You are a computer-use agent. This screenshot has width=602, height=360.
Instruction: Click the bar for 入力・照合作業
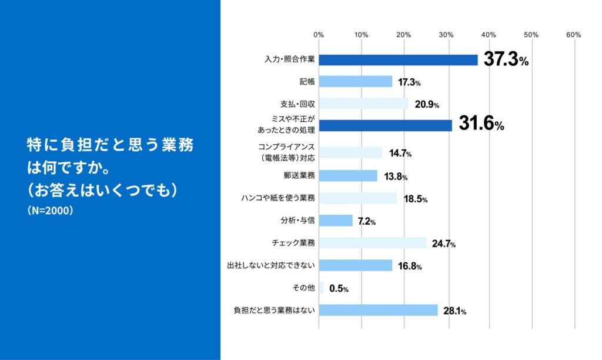(x=398, y=59)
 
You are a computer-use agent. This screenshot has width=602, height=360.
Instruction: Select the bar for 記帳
(x=355, y=82)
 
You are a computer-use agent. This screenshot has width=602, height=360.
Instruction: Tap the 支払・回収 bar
(x=363, y=104)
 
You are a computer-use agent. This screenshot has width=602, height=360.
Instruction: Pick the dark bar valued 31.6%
(x=385, y=125)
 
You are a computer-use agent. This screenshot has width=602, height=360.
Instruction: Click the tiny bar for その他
(x=321, y=288)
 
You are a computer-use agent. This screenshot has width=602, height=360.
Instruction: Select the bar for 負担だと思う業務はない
(x=378, y=310)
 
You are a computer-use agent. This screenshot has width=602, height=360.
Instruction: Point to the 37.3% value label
(x=505, y=59)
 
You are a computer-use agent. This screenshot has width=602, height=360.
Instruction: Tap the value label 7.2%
(x=367, y=222)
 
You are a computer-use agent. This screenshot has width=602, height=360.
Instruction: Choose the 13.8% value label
(x=395, y=176)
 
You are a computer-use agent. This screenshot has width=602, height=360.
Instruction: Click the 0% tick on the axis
(x=319, y=35)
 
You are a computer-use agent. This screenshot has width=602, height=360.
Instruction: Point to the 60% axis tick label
(x=573, y=35)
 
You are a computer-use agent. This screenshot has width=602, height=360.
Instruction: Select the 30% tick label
(x=446, y=35)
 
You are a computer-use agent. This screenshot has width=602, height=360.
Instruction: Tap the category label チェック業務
(x=295, y=243)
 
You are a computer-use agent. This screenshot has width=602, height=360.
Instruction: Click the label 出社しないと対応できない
(x=271, y=265)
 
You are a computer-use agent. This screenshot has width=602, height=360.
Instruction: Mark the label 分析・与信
(x=300, y=221)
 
